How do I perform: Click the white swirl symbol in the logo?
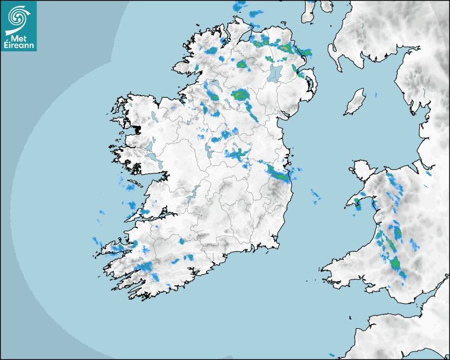(x=18, y=17)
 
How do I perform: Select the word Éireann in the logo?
(x=19, y=46)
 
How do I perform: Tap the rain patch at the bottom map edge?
(x=332, y=355)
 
